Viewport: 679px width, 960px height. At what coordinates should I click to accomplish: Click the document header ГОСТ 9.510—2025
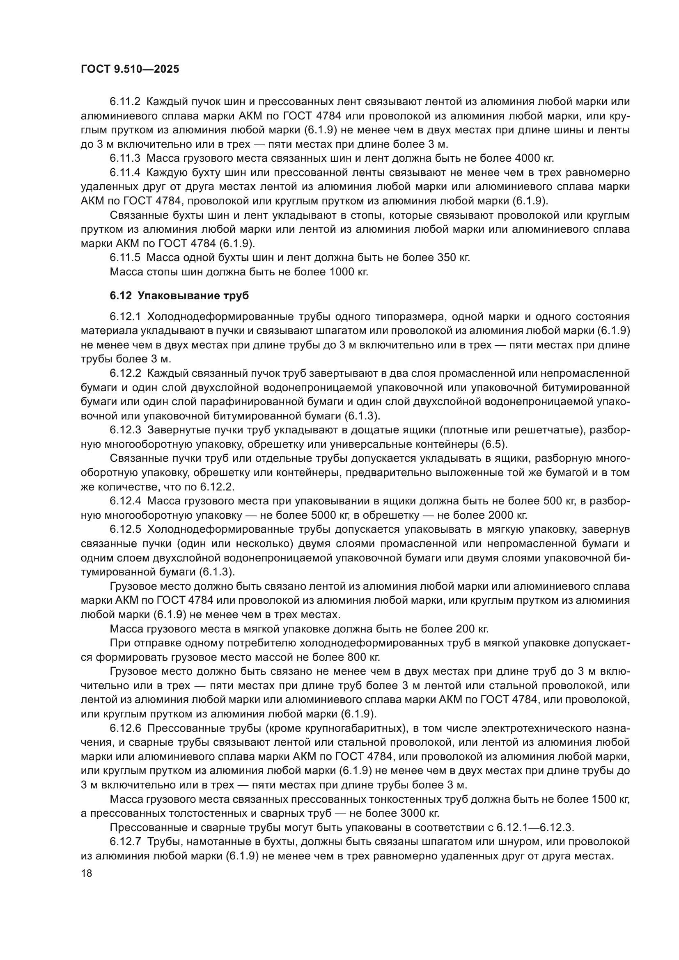(130, 69)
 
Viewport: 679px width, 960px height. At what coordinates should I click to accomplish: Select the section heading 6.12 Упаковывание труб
(179, 296)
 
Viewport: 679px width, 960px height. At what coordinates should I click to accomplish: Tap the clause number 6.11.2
(126, 102)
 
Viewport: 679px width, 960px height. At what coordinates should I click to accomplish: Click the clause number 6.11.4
(126, 173)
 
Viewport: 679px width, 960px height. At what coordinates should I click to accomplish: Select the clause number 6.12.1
(126, 316)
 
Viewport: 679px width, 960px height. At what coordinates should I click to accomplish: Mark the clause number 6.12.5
(126, 529)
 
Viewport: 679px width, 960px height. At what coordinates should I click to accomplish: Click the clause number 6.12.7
(126, 842)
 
